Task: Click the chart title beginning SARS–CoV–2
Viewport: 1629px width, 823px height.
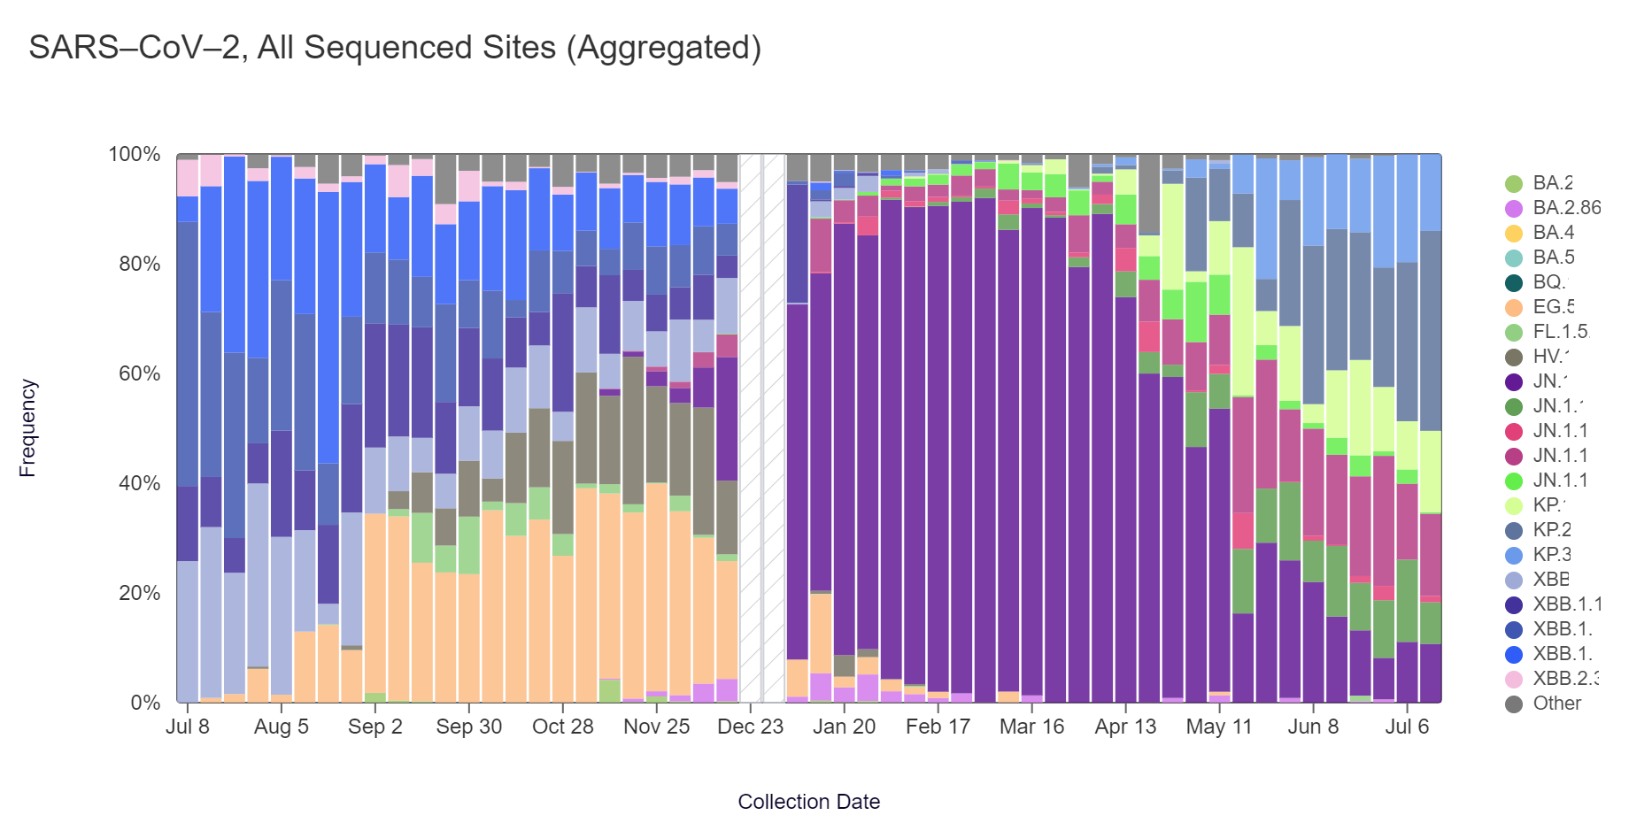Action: [x=395, y=48]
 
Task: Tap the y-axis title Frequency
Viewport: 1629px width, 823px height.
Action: [x=27, y=428]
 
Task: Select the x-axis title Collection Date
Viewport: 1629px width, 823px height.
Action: [x=808, y=802]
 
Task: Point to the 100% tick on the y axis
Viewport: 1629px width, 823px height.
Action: [x=134, y=155]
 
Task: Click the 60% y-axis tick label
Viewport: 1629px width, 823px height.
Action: [x=139, y=374]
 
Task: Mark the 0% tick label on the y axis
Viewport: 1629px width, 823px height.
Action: [x=145, y=704]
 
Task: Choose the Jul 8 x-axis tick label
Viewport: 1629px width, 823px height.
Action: [x=188, y=727]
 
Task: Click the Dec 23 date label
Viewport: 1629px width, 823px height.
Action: [x=750, y=727]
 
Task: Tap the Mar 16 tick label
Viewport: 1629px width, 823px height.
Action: [x=1031, y=727]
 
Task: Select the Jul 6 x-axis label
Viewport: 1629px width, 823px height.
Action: [x=1407, y=727]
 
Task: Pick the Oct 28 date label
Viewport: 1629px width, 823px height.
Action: [x=562, y=727]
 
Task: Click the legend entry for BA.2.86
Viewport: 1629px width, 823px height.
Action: [x=1566, y=208]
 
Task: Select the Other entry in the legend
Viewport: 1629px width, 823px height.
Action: [x=1556, y=704]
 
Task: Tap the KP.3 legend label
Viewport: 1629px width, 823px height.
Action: [x=1552, y=555]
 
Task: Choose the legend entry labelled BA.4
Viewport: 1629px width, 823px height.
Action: [x=1553, y=233]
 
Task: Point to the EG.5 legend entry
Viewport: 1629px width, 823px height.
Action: [x=1553, y=307]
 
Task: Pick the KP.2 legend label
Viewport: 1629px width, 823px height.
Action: [x=1552, y=530]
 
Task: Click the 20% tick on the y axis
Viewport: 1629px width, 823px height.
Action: [x=139, y=594]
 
